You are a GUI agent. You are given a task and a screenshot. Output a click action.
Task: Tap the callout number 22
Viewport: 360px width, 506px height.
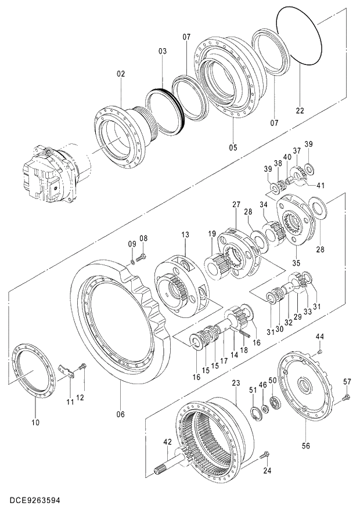pos(300,111)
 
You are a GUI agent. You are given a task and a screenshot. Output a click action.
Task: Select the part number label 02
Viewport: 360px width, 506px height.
pos(121,74)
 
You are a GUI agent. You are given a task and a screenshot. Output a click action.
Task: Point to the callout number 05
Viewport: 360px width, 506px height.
pos(233,147)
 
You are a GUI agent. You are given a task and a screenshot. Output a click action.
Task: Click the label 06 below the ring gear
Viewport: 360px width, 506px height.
pos(120,414)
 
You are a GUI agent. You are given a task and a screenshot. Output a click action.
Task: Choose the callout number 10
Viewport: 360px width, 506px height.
pos(35,422)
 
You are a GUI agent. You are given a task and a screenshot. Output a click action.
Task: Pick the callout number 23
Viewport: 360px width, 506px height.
pos(236,383)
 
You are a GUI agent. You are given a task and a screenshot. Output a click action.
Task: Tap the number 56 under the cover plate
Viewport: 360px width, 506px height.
pos(305,446)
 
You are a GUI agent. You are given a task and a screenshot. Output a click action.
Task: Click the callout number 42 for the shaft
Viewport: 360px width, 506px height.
pos(168,442)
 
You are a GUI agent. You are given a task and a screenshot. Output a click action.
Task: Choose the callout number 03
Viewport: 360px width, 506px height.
pos(162,52)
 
